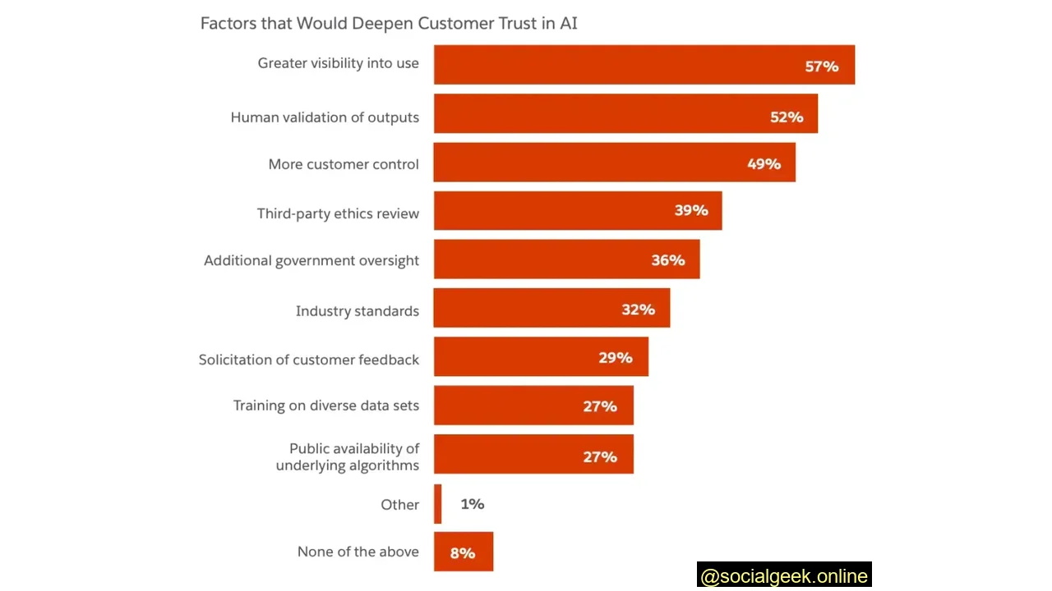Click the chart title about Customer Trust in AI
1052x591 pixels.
389,23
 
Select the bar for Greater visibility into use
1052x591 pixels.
616,65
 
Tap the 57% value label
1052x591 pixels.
821,66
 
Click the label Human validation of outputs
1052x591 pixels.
325,117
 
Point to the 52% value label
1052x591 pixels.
786,117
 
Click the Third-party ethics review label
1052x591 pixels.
338,213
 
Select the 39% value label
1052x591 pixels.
690,211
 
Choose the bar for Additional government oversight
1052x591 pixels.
542,259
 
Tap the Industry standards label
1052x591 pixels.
357,311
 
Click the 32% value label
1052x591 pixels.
638,309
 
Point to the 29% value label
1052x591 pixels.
615,358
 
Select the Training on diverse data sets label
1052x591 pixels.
325,405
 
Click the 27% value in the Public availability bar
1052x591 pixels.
599,457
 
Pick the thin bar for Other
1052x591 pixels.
437,504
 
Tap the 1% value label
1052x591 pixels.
472,504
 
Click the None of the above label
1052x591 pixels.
358,552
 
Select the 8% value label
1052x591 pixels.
462,553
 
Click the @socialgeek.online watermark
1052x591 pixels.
783,576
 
